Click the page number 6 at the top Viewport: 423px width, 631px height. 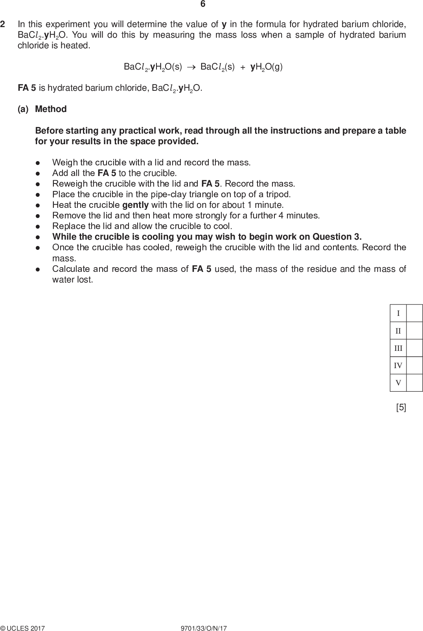pyautogui.click(x=203, y=4)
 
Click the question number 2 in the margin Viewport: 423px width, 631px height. pyautogui.click(x=3, y=24)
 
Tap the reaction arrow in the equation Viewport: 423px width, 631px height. pyautogui.click(x=191, y=67)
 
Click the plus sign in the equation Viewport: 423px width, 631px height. pyautogui.click(x=243, y=67)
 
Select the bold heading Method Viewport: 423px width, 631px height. pyautogui.click(x=51, y=109)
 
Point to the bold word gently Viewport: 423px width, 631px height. pyautogui.click(x=136, y=205)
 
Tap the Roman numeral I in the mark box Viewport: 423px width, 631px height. pyautogui.click(x=398, y=313)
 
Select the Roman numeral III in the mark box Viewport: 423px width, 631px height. pyautogui.click(x=398, y=348)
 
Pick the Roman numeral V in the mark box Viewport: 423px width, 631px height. pyautogui.click(x=398, y=383)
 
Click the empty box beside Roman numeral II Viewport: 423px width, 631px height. pyautogui.click(x=414, y=331)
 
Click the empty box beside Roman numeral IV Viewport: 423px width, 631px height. pyautogui.click(x=414, y=365)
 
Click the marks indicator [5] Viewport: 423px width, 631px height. pyautogui.click(x=401, y=407)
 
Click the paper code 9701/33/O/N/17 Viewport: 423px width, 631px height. pyautogui.click(x=203, y=628)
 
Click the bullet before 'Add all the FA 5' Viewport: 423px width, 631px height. pyautogui.click(x=38, y=173)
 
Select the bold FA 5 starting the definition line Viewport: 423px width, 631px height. pyautogui.click(x=27, y=88)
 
